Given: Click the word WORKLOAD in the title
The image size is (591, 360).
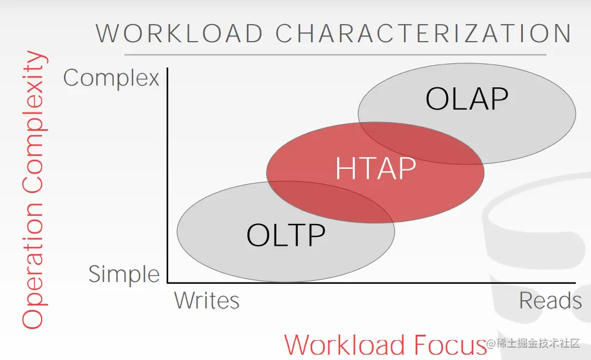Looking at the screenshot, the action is coord(179,33).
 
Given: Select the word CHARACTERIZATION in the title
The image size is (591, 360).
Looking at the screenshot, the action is coord(424,33).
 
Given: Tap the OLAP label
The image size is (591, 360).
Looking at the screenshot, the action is coord(467,99).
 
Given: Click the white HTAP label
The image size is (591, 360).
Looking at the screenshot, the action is coord(375,168).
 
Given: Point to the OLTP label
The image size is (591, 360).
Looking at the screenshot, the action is coord(286,235).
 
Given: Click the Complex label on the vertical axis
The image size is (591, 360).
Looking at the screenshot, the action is coord(111,79).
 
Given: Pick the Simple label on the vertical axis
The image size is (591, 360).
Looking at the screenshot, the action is coord(124,274).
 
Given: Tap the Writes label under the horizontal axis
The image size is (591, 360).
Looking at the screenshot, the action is coord(206,300).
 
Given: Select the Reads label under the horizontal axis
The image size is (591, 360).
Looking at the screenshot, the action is coord(551,300).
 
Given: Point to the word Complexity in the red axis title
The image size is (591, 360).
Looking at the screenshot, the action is coord(34,122).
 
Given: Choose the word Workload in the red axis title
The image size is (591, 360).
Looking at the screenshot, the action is coord(345,345).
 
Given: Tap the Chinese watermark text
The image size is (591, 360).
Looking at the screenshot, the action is coord(538,343).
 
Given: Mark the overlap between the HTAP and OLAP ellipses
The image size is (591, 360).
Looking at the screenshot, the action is coord(420,143).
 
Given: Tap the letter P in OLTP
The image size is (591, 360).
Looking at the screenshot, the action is coord(317,235).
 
